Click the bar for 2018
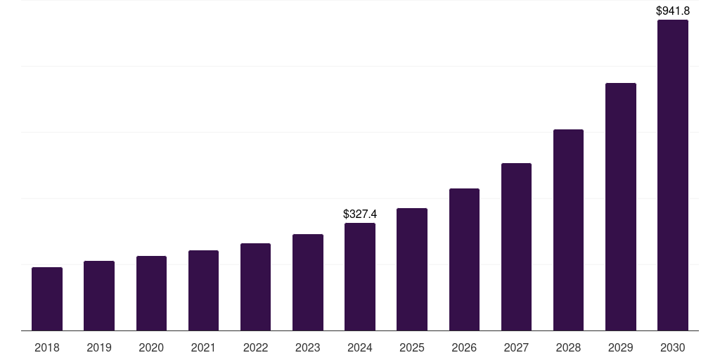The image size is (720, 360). [47, 299]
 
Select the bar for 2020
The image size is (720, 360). [151, 293]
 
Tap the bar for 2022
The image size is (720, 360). [255, 287]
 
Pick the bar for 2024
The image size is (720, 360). [360, 277]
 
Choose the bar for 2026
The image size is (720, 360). [464, 259]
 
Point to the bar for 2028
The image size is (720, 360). [568, 230]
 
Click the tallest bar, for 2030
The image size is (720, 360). [673, 175]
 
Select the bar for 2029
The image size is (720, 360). [621, 207]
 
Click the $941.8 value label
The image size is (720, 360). [673, 11]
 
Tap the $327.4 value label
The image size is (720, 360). [360, 214]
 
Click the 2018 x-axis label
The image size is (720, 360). [47, 347]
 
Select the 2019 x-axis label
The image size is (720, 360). [99, 347]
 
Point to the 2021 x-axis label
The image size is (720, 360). [203, 347]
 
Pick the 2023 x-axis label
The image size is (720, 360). [308, 347]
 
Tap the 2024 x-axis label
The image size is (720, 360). [360, 347]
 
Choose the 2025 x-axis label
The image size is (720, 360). [412, 347]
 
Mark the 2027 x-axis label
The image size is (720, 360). [516, 347]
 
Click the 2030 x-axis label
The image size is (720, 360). [673, 347]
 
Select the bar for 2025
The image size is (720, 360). [412, 269]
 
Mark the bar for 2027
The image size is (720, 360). [516, 247]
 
